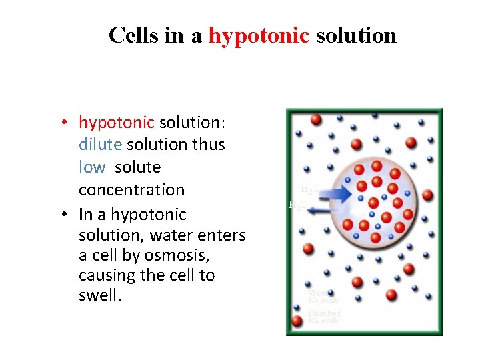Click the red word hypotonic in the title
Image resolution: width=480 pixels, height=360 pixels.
coord(259,35)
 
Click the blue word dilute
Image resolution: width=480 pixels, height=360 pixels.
coord(100,144)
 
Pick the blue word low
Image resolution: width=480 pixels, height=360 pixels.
coord(92,167)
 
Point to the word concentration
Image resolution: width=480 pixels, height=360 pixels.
coord(131,189)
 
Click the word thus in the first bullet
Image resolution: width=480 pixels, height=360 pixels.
coord(209,144)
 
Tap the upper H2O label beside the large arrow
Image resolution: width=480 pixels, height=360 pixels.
coord(310,189)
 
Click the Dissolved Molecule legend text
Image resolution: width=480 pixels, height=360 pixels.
coord(324,317)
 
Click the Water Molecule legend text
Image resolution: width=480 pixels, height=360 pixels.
coord(323,296)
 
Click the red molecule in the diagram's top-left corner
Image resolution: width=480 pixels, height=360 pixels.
coord(316,119)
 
